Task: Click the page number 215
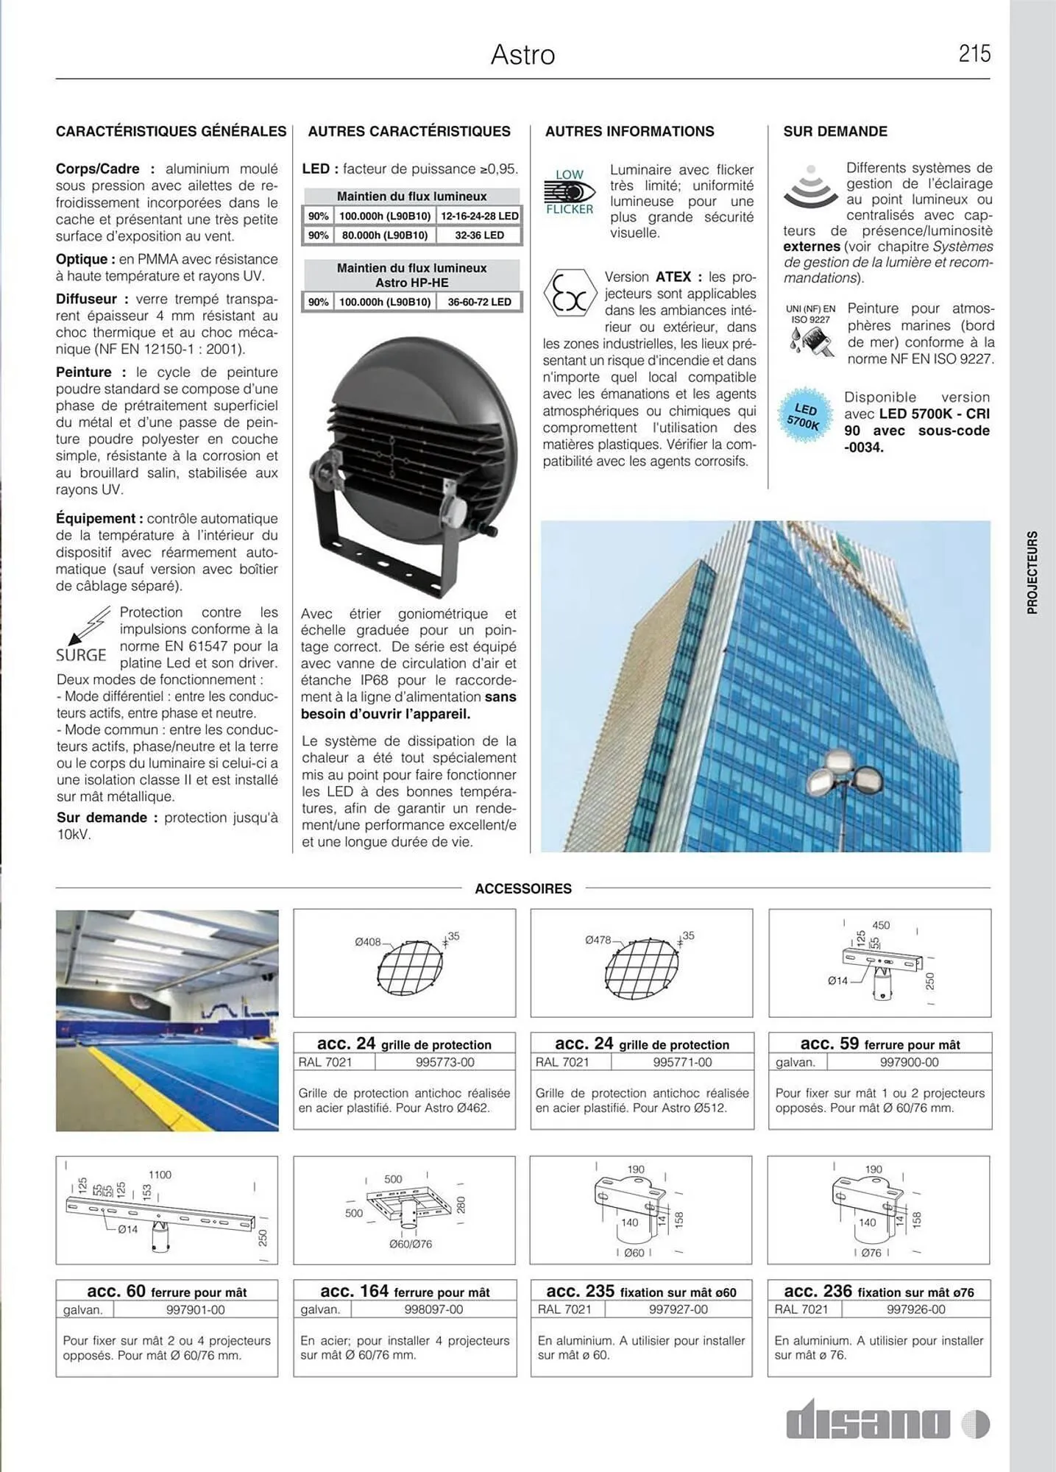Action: pyautogui.click(x=974, y=54)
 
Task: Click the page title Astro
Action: pyautogui.click(x=522, y=55)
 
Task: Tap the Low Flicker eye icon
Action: pyautogui.click(x=570, y=192)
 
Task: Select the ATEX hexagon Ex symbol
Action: pyautogui.click(x=570, y=293)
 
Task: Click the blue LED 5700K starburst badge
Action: pyautogui.click(x=804, y=417)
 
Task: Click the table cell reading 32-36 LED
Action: pyautogui.click(x=479, y=236)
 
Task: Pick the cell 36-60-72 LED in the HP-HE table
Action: pyautogui.click(x=479, y=302)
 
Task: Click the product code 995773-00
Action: pyautogui.click(x=444, y=1062)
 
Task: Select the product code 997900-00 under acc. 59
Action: pyautogui.click(x=909, y=1062)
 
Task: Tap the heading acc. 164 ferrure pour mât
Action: pyautogui.click(x=405, y=1292)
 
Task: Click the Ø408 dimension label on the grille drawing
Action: pyautogui.click(x=367, y=942)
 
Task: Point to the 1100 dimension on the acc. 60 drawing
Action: pyautogui.click(x=160, y=1175)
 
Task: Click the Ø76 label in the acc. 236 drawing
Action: pyautogui.click(x=871, y=1253)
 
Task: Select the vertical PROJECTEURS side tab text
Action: pyautogui.click(x=1032, y=573)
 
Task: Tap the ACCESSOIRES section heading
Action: pyautogui.click(x=522, y=889)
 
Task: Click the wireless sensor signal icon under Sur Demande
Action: pyautogui.click(x=810, y=187)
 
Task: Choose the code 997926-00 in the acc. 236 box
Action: pyautogui.click(x=915, y=1309)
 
